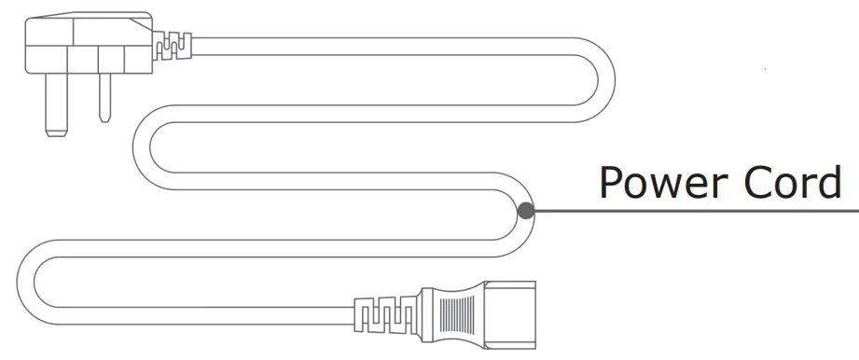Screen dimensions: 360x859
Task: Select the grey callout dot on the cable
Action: [526, 211]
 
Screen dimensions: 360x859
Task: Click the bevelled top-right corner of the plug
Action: [148, 21]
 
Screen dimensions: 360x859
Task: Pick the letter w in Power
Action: [667, 186]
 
